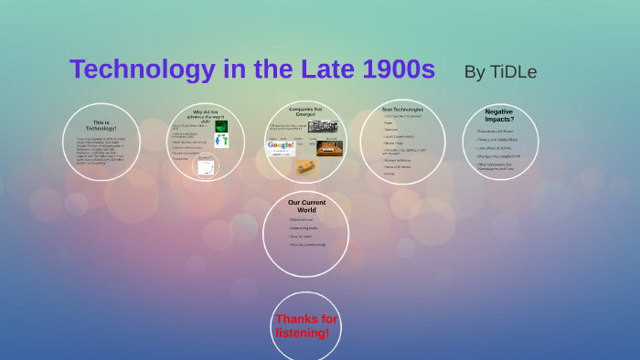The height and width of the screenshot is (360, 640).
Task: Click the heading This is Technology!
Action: (101, 126)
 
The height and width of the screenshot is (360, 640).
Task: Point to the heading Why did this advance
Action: (207, 116)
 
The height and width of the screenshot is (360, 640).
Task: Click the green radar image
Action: (221, 126)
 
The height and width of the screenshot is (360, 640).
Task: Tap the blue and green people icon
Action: (221, 141)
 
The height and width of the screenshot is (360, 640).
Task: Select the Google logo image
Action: (280, 147)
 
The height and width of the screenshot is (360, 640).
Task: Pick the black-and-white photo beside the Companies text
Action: (323, 126)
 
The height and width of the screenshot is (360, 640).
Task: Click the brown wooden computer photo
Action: (329, 147)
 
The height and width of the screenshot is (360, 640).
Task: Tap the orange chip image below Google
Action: (305, 166)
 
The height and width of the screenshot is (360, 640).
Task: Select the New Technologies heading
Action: (402, 109)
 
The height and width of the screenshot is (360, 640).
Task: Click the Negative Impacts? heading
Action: (499, 115)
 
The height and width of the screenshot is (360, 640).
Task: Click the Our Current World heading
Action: (306, 206)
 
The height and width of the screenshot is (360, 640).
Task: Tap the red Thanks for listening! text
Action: (306, 326)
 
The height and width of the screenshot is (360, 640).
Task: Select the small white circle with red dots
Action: (207, 166)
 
